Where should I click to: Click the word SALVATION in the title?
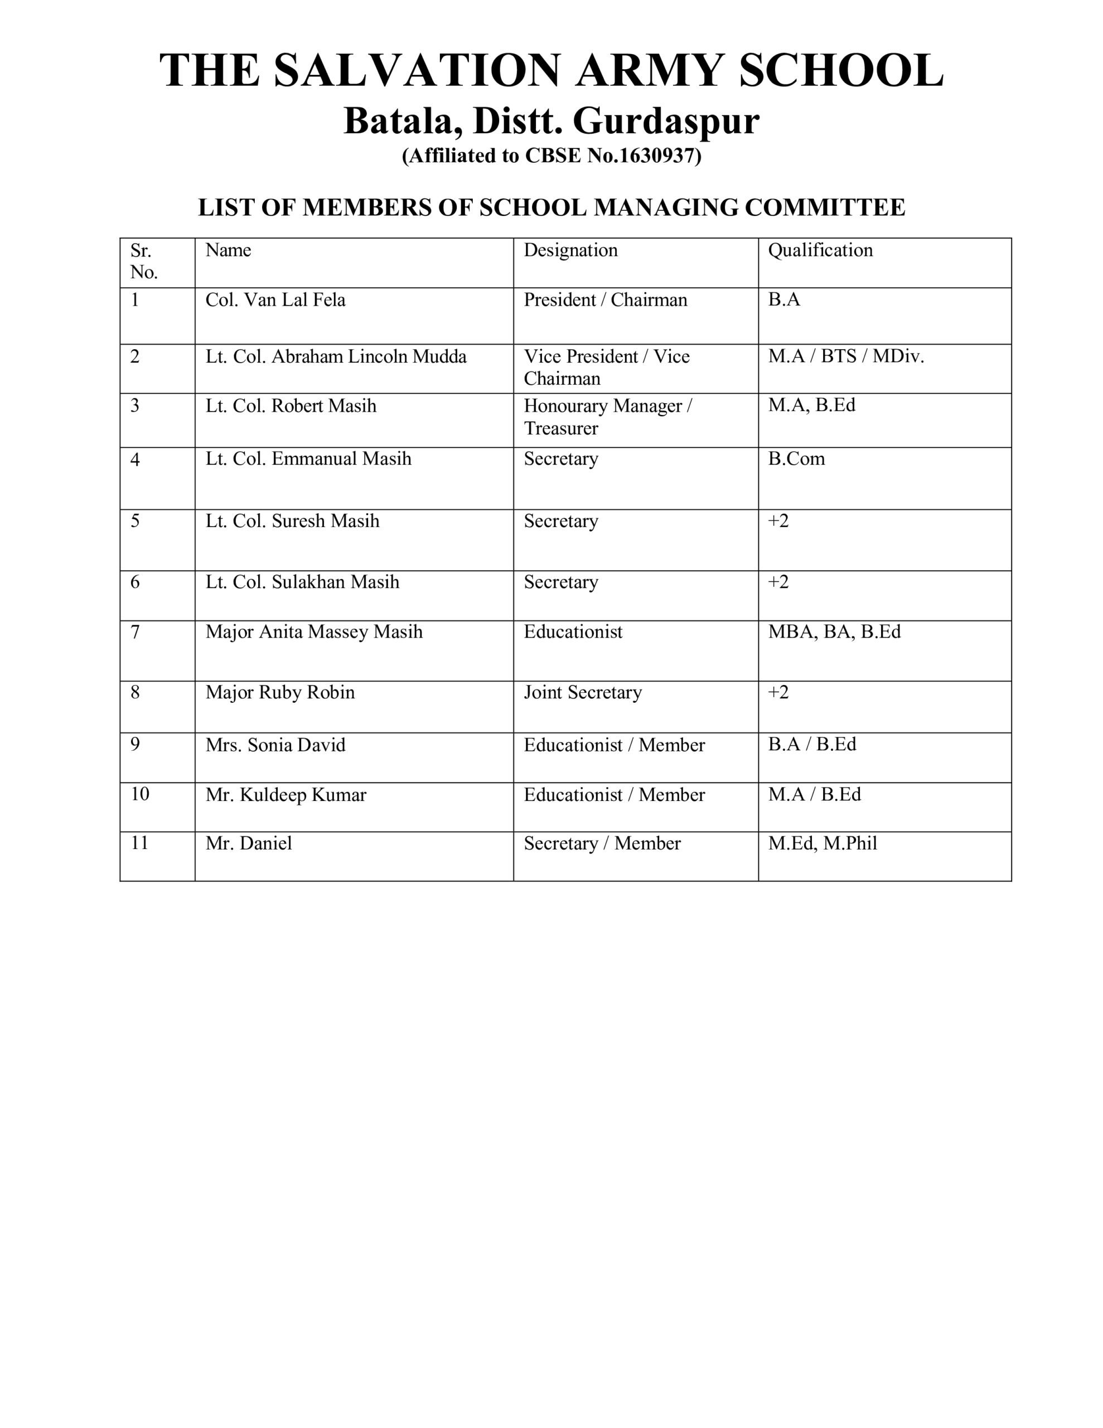417,71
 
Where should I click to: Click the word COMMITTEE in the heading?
825,208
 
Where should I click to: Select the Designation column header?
570,250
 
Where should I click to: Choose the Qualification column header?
820,250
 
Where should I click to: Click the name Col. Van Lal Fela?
275,300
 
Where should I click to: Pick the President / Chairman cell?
605,300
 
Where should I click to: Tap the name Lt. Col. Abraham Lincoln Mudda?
336,357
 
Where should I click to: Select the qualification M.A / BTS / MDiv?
845,357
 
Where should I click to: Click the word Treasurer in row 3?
560,429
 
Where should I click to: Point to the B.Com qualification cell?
796,459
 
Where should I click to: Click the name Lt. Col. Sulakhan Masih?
302,582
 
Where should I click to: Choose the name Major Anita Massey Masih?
314,632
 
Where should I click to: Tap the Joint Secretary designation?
583,692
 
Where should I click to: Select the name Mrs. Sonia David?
275,745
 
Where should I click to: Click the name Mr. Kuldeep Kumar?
286,795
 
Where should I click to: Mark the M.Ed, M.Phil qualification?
822,843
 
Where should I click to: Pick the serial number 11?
140,843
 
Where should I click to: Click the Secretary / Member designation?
602,843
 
